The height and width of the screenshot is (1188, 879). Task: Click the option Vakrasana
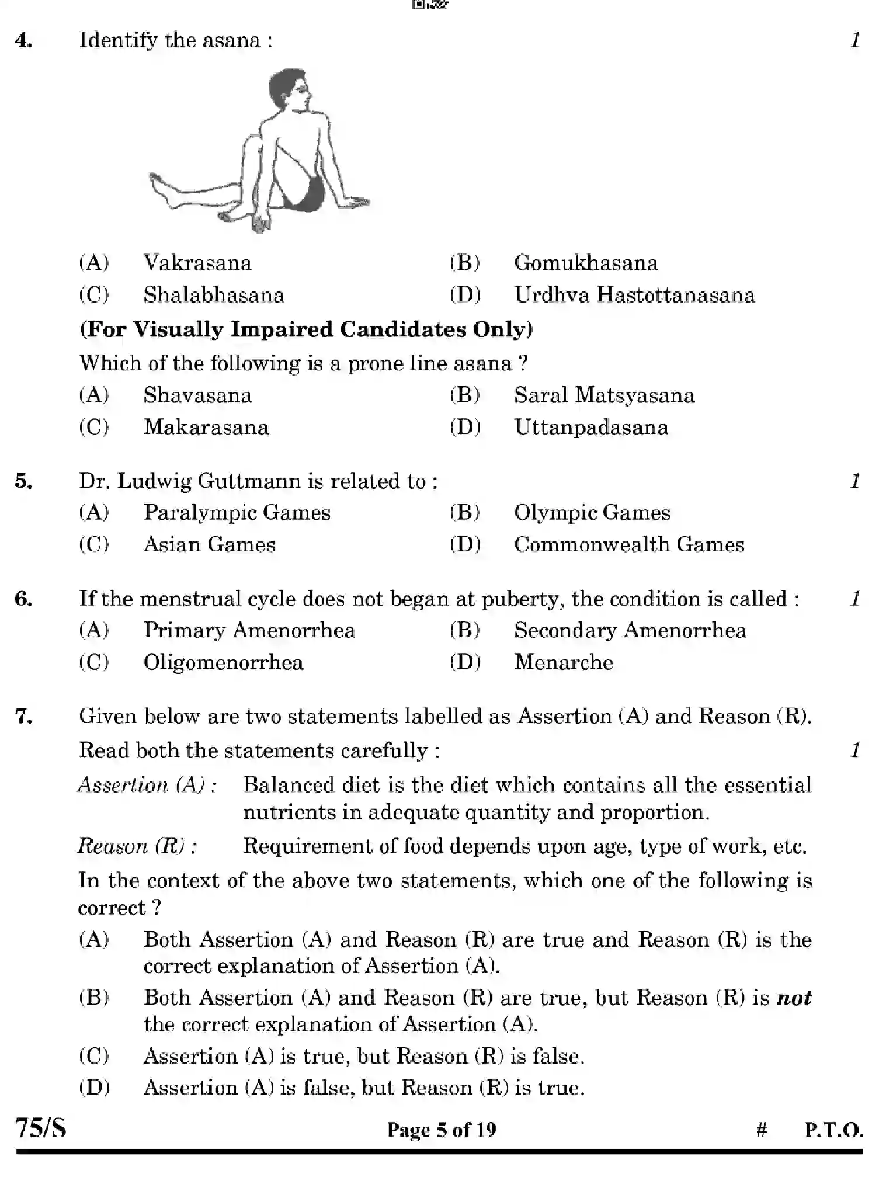click(x=197, y=263)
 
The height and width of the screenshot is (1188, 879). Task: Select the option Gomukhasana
click(x=585, y=263)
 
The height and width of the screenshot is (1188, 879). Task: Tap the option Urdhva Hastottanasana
click(x=634, y=295)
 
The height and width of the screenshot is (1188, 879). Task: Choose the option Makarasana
click(x=206, y=427)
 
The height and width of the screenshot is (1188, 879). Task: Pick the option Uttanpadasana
click(x=590, y=427)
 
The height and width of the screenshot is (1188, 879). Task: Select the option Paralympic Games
click(x=237, y=512)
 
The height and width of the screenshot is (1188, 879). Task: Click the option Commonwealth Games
click(x=628, y=544)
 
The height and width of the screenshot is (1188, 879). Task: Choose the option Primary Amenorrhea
click(x=249, y=630)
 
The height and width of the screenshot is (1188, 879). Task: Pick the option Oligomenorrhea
click(x=223, y=662)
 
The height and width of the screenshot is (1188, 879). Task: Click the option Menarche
click(x=563, y=662)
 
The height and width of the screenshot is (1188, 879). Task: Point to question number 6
click(x=23, y=599)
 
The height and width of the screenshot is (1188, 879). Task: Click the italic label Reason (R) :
click(x=137, y=846)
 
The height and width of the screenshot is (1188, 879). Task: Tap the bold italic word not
click(x=794, y=998)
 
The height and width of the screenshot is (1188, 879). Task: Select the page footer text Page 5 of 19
click(x=442, y=1130)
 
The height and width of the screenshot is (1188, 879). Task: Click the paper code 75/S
click(x=40, y=1128)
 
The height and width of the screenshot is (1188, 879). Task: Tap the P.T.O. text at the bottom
click(x=833, y=1130)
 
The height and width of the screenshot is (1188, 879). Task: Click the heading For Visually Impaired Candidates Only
click(x=306, y=329)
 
